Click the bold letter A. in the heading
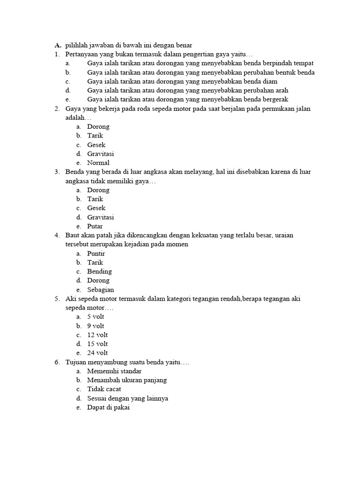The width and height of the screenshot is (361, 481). pyautogui.click(x=58, y=46)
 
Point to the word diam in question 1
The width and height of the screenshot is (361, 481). pyautogui.click(x=270, y=81)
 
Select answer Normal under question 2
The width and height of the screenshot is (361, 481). pyautogui.click(x=98, y=163)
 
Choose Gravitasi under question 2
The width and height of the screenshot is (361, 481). pyautogui.click(x=101, y=154)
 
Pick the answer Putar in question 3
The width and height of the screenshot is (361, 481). pyautogui.click(x=95, y=226)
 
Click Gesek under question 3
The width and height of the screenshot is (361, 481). pyautogui.click(x=96, y=208)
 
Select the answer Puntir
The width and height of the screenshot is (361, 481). pyautogui.click(x=96, y=254)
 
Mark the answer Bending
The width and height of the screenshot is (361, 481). pyautogui.click(x=99, y=272)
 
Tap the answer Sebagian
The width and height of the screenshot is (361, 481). pyautogui.click(x=101, y=290)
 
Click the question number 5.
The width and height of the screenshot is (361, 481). pyautogui.click(x=56, y=299)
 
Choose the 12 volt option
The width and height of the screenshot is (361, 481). pyautogui.click(x=97, y=335)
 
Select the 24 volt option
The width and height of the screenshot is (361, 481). pyautogui.click(x=97, y=353)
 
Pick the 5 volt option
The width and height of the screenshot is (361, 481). pyautogui.click(x=95, y=317)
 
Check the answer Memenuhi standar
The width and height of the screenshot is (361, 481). pyautogui.click(x=114, y=371)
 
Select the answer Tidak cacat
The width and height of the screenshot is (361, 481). pyautogui.click(x=104, y=389)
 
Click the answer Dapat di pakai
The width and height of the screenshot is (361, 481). pyautogui.click(x=108, y=407)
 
